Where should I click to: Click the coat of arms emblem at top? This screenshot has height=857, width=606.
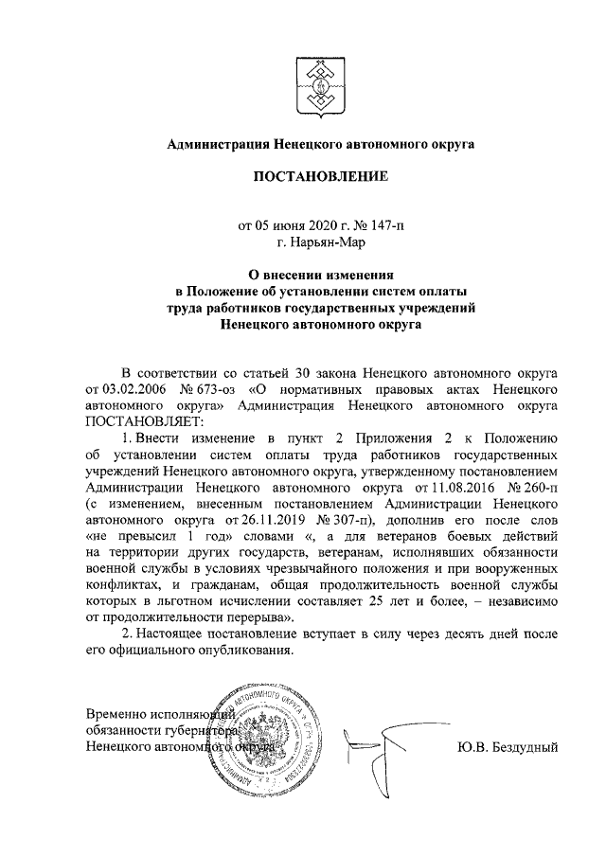click(302, 78)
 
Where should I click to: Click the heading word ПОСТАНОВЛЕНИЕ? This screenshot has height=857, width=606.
click(303, 176)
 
